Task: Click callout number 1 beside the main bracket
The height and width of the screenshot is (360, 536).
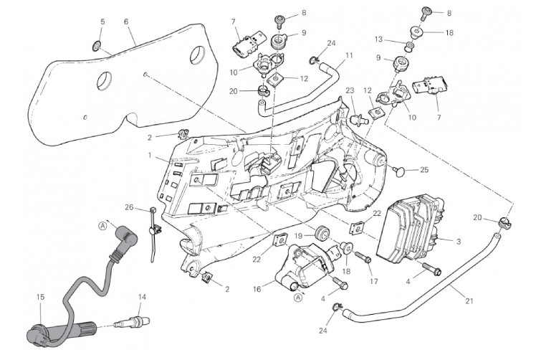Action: coord(149,156)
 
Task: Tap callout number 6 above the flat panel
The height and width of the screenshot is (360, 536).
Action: coord(126,22)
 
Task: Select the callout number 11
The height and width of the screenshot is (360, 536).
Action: coord(349,56)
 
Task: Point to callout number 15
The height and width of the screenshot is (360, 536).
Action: coord(40,297)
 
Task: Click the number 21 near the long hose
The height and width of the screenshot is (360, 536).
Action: coord(470,302)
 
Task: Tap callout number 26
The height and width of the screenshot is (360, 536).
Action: coord(128,208)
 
